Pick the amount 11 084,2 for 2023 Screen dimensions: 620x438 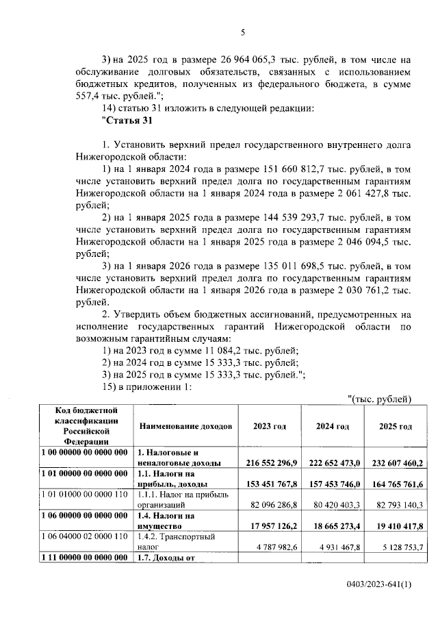coord(205,350)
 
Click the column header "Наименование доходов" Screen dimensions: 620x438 coord(185,426)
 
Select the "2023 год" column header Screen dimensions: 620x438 coord(269,426)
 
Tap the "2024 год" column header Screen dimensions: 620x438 coord(332,426)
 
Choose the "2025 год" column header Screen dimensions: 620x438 coord(396,426)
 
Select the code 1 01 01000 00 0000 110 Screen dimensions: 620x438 coord(83,494)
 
